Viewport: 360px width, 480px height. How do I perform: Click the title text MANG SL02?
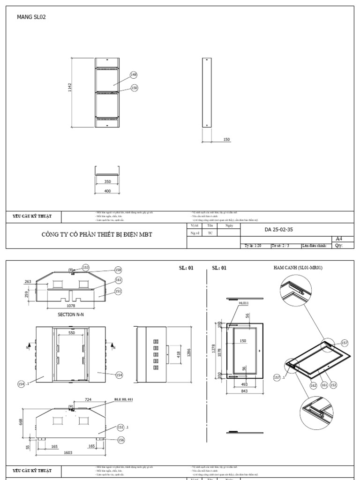31,17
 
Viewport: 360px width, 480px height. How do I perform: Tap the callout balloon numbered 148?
134,75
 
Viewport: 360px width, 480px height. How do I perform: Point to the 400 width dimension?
107,191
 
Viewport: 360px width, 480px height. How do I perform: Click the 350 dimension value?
107,181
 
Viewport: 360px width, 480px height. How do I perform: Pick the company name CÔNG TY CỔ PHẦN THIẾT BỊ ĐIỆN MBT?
97,234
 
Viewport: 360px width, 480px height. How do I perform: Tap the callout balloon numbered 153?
86,267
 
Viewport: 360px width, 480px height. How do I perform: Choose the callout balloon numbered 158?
119,270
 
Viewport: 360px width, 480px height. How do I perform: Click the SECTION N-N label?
71,315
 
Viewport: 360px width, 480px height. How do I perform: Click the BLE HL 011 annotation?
124,400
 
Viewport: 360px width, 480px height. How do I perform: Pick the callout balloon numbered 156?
121,440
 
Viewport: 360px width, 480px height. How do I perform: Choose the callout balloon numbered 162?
314,385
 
